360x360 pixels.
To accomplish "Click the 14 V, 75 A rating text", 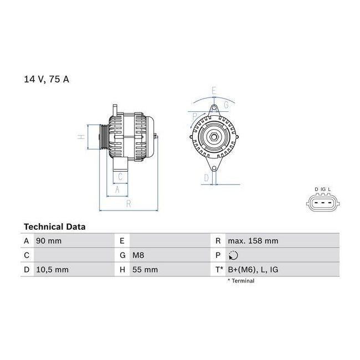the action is click(x=47, y=79).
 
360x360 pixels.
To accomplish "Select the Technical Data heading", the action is click(x=55, y=227).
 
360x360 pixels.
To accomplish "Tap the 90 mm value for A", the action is click(x=49, y=241).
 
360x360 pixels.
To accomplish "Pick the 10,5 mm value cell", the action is click(x=53, y=270).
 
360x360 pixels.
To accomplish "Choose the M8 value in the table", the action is click(x=138, y=255).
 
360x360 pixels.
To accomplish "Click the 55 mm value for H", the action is click(x=145, y=270).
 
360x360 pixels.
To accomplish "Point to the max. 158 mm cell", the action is click(x=253, y=241).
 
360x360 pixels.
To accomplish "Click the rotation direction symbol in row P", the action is click(x=233, y=255).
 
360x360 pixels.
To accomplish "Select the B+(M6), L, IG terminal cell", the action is click(x=253, y=270).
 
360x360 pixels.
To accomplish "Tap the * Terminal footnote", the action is click(x=241, y=281).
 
